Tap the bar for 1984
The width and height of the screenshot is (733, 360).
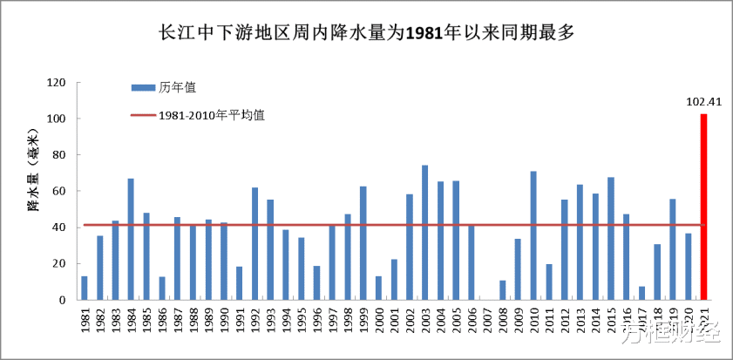(131, 239)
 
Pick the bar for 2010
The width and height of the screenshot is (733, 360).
(533, 235)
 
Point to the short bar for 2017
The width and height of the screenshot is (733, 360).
(641, 293)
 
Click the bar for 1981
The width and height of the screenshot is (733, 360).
(85, 288)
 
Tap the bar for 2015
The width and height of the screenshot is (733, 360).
(611, 238)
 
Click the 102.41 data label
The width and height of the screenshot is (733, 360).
(703, 102)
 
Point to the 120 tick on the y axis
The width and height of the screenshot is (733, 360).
(57, 83)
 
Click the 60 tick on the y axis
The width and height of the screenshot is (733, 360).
(60, 191)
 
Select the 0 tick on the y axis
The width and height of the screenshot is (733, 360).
(63, 300)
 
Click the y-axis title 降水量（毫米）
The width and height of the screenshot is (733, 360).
(32, 170)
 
